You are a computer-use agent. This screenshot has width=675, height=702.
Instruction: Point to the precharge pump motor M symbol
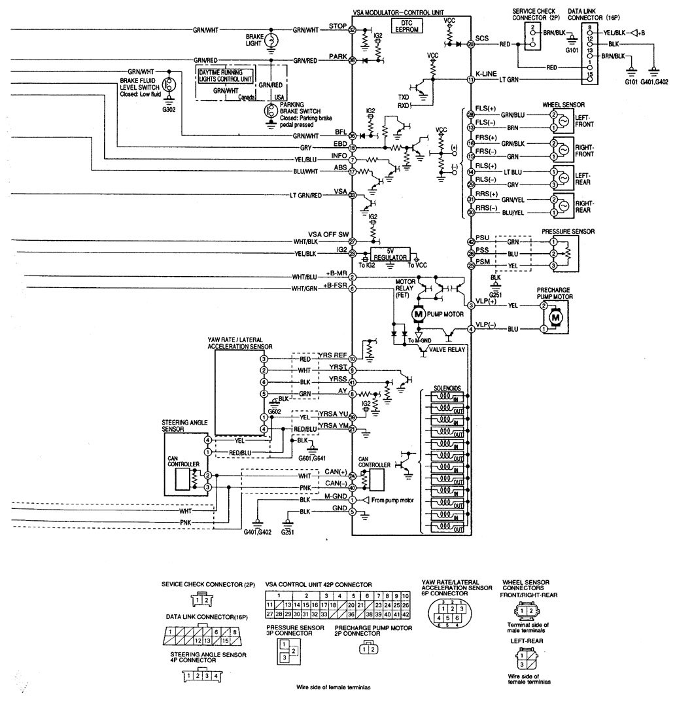click(556, 317)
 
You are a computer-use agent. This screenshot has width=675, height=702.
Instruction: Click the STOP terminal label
click(337, 26)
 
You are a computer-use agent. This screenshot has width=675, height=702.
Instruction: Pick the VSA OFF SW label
click(329, 234)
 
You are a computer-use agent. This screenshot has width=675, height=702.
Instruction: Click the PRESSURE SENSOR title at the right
click(568, 232)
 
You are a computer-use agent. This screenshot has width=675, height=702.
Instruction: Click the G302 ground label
click(169, 109)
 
